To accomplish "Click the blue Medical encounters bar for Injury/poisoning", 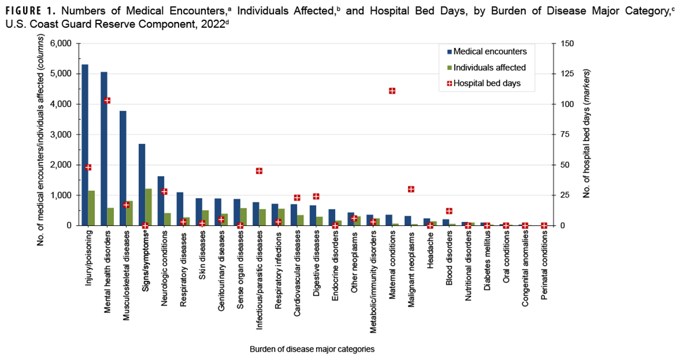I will click(x=85, y=145).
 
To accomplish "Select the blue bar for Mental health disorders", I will click(x=104, y=149).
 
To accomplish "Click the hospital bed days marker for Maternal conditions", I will click(x=392, y=91).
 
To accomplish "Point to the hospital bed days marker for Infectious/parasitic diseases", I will click(x=259, y=171).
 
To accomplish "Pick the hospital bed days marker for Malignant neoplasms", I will click(x=411, y=189).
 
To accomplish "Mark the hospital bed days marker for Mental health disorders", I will click(x=107, y=100).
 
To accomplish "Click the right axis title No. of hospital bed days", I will click(x=587, y=135).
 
